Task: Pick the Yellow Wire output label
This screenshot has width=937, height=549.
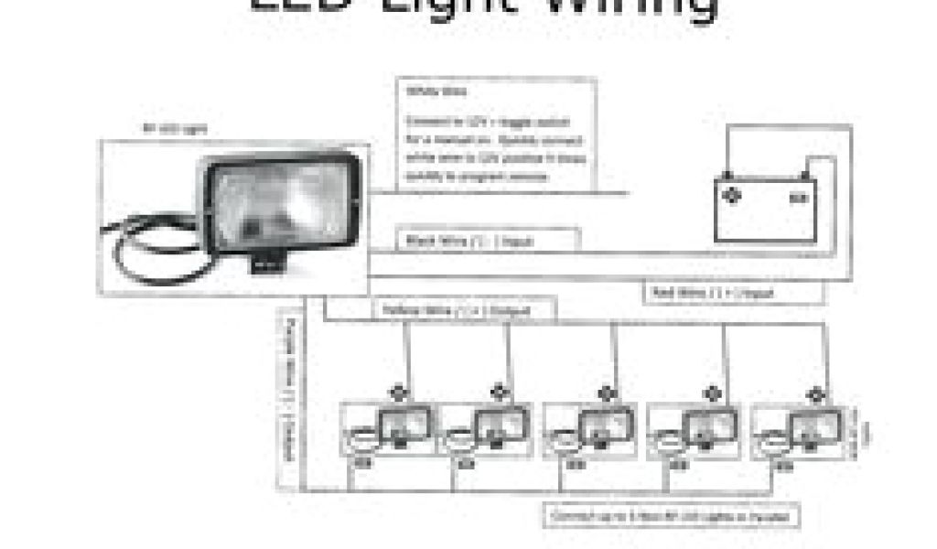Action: (467, 311)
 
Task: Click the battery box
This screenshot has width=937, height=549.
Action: (765, 209)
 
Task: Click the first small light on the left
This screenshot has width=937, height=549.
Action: (389, 431)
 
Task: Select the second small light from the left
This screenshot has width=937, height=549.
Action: (489, 431)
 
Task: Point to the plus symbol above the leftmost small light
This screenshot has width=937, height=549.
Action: (397, 392)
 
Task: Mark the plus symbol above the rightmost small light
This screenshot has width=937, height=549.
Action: (813, 394)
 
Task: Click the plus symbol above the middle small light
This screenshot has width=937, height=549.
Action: (604, 393)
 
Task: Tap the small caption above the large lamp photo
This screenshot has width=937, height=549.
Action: (175, 129)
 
